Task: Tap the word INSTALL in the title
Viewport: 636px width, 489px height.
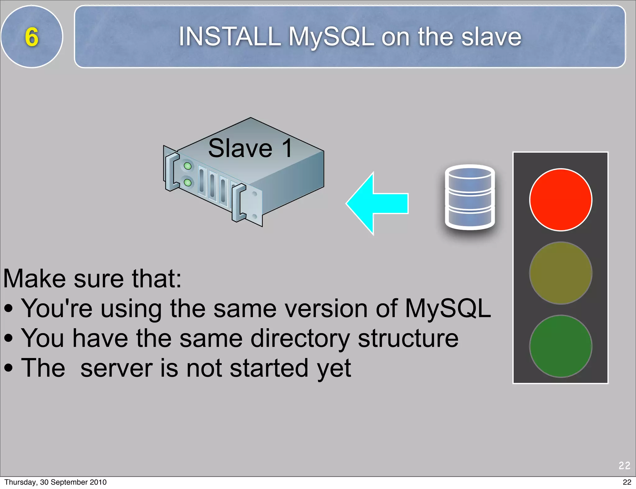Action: [x=229, y=37]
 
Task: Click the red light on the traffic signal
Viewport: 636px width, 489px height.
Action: [x=561, y=200]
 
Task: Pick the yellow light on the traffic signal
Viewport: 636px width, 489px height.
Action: [x=561, y=273]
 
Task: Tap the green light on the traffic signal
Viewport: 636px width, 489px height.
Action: [x=561, y=346]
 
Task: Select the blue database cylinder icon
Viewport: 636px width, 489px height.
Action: [x=470, y=197]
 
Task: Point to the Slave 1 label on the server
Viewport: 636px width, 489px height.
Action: [x=250, y=148]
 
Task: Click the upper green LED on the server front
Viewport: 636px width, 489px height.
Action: [x=188, y=166]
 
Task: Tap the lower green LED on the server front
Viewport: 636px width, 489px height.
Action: [x=188, y=182]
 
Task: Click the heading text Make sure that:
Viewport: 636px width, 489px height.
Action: [x=92, y=279]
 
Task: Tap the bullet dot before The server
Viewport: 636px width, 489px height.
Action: [x=9, y=368]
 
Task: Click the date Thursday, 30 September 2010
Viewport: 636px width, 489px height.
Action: [x=56, y=482]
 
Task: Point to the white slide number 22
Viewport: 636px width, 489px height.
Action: [x=624, y=465]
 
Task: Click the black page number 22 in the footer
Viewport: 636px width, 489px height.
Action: [x=627, y=482]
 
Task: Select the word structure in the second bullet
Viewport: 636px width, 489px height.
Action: [x=408, y=338]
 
